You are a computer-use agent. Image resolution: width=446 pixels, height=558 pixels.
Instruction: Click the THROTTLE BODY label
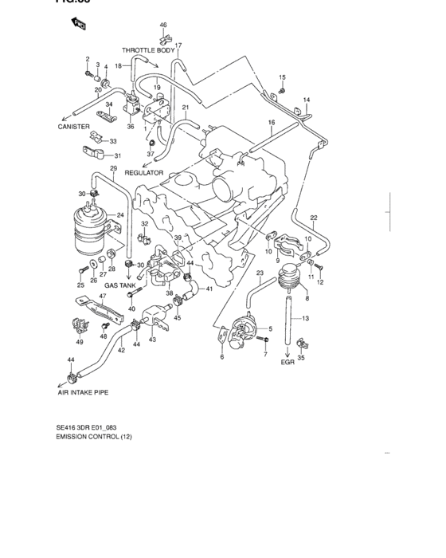point(148,50)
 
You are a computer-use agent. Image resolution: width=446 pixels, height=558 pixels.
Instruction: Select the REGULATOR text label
point(143,172)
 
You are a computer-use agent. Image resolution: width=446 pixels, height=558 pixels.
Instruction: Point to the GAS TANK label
point(121,285)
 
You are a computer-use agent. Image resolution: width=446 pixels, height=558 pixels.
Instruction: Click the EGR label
point(288,363)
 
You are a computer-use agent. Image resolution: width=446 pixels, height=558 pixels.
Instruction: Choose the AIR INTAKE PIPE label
point(82,393)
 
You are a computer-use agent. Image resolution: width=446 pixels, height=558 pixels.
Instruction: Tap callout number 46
point(163,26)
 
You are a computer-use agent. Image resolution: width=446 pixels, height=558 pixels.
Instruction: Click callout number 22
point(314,218)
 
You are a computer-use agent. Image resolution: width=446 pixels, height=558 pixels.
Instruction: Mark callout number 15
point(282,77)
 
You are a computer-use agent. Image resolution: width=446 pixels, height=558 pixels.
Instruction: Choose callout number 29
point(113,169)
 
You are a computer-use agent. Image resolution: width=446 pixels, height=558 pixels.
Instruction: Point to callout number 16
point(271,122)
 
